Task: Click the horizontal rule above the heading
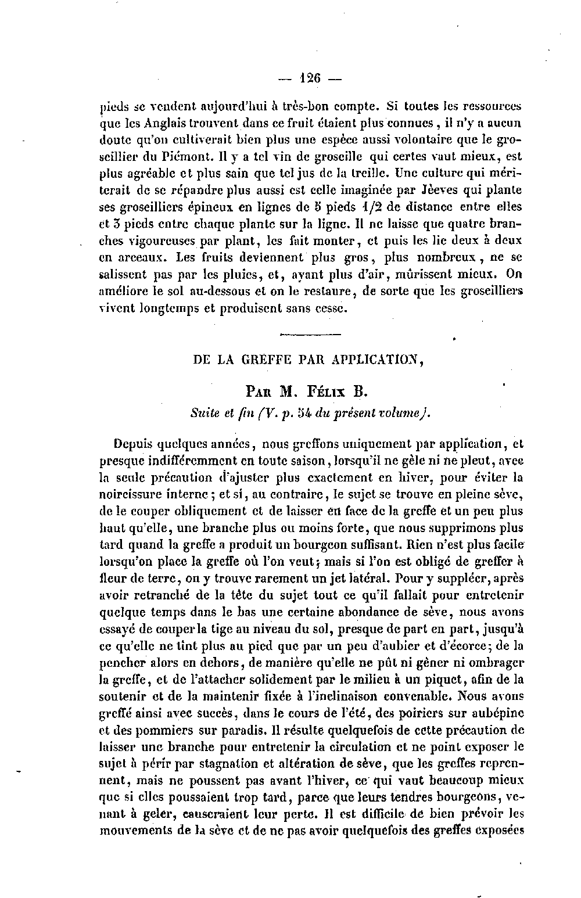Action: pos(310,334)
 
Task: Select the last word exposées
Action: pos(499,829)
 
